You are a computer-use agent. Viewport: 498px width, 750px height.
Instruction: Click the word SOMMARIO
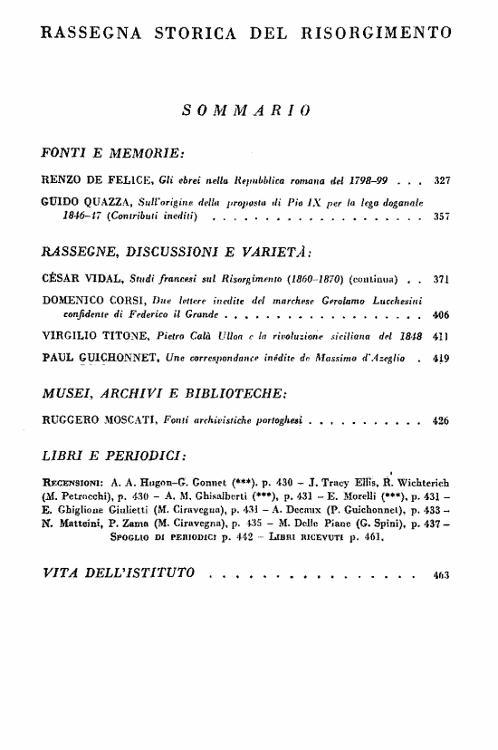(247, 111)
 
